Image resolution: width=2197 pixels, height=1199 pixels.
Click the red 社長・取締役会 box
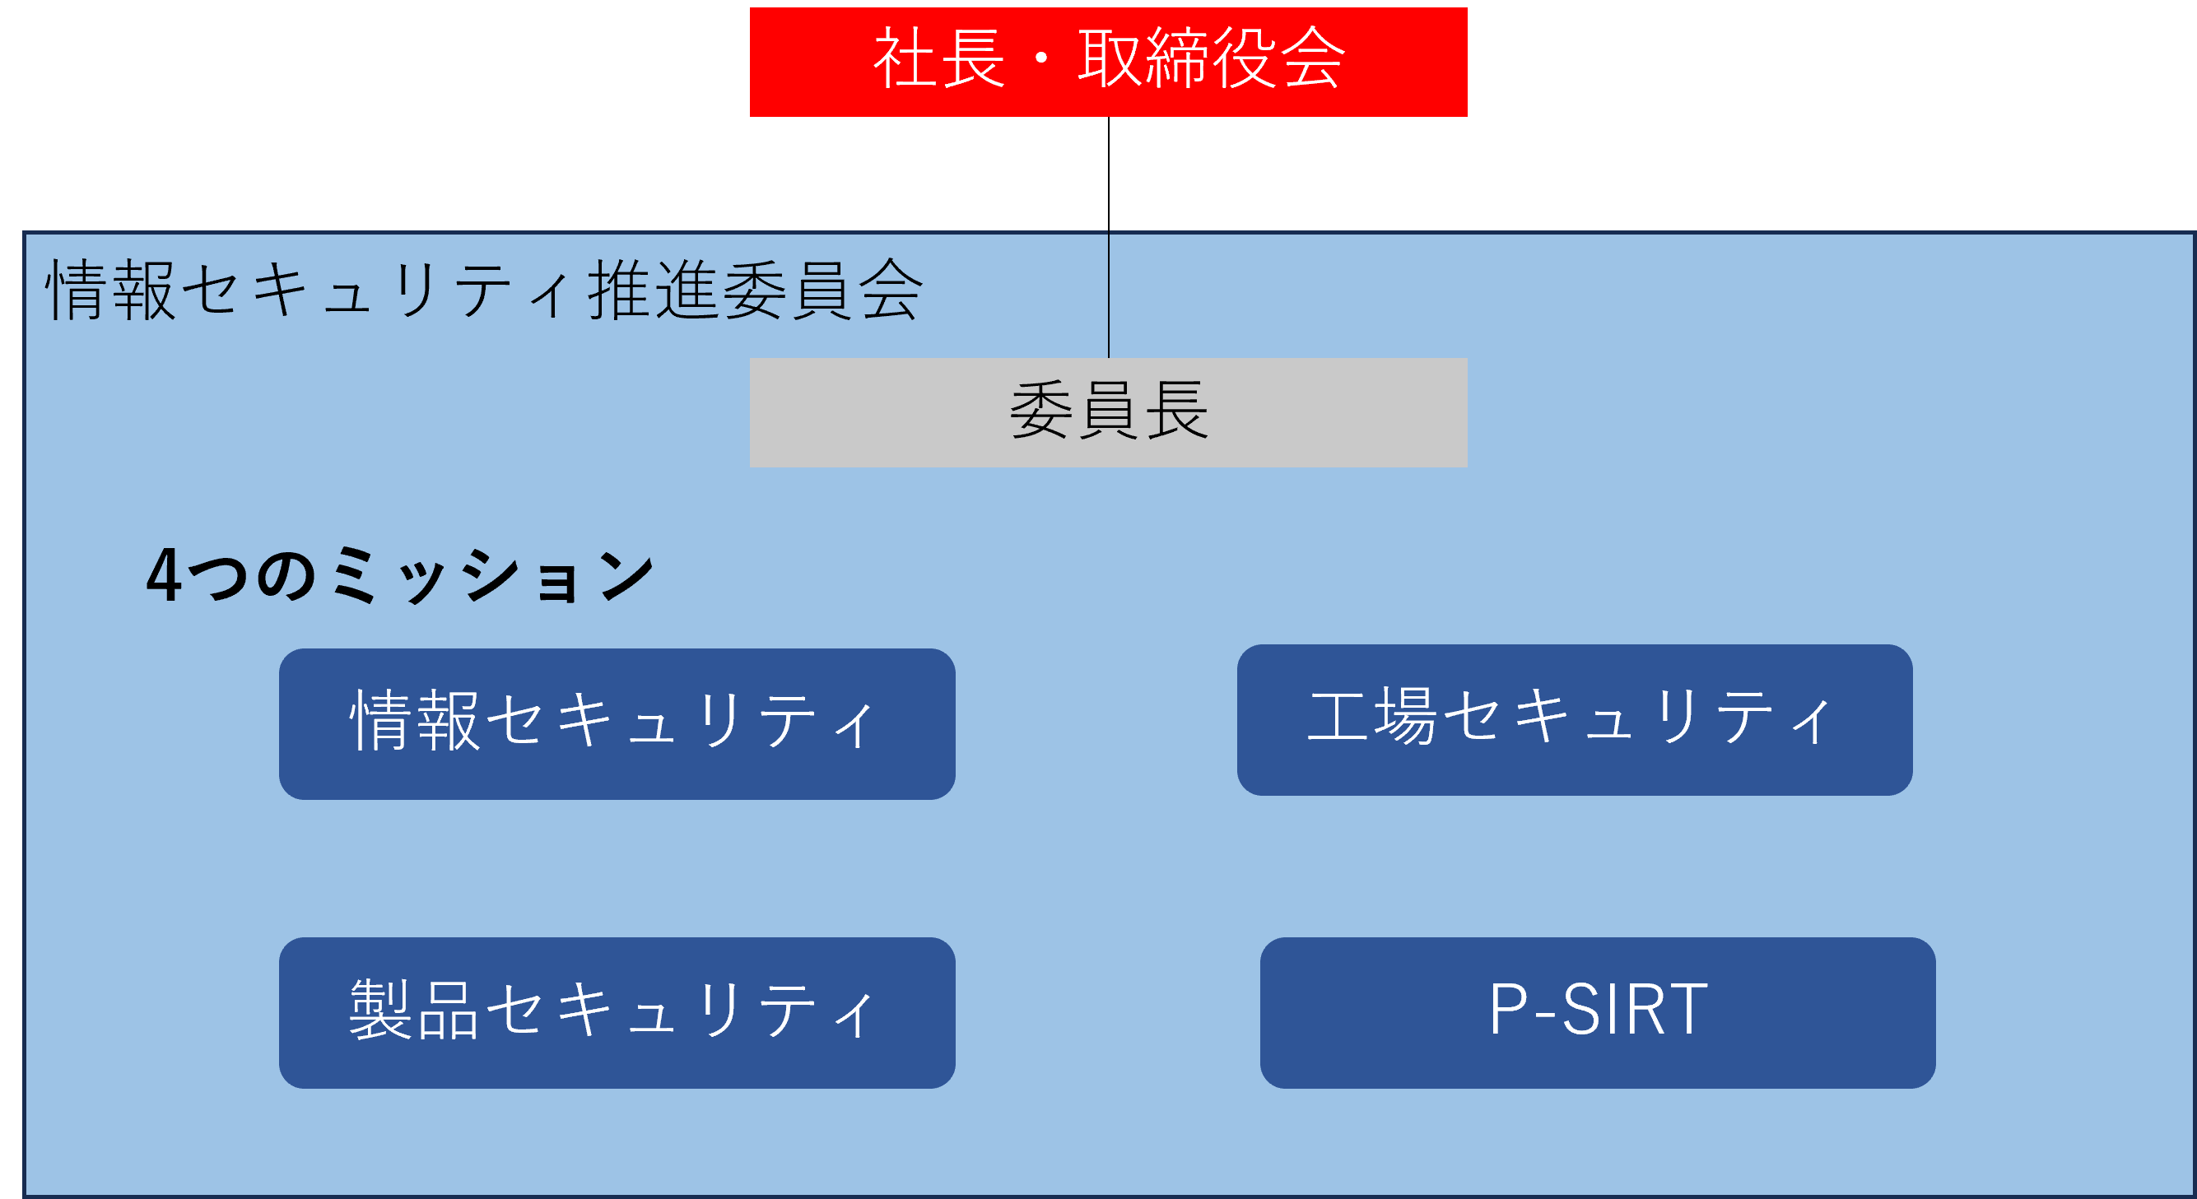tap(1108, 63)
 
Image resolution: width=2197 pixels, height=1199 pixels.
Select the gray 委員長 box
tap(1108, 412)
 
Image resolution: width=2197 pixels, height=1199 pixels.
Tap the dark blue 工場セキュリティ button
tap(1575, 720)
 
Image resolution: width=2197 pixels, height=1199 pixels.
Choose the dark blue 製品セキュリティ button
tap(617, 1012)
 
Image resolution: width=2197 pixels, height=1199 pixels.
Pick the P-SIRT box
tap(1598, 1012)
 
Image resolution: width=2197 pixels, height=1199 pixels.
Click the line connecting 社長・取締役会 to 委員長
tap(1109, 237)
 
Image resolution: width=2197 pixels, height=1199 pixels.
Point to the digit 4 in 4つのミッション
tap(163, 574)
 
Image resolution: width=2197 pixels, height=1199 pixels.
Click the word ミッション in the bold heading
tap(492, 574)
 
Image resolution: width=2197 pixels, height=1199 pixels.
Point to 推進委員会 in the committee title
tap(755, 290)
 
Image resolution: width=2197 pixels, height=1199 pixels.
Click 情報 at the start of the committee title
tap(111, 290)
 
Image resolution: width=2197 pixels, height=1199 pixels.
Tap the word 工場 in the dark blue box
tap(1373, 716)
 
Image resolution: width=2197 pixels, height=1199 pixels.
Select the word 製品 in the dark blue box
tap(414, 1009)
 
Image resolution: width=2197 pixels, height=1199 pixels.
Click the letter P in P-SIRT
tap(1509, 1009)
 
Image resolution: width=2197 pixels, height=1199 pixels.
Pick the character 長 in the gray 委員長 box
tap(1176, 410)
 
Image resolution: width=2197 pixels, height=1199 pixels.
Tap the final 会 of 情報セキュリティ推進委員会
tap(891, 290)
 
